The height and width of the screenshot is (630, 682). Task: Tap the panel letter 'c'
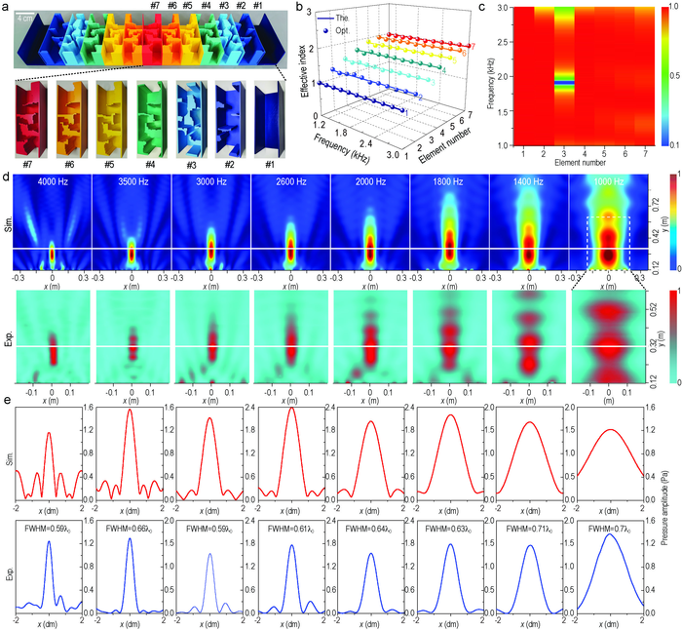pos(489,8)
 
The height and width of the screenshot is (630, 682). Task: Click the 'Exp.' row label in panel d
pos(10,341)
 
